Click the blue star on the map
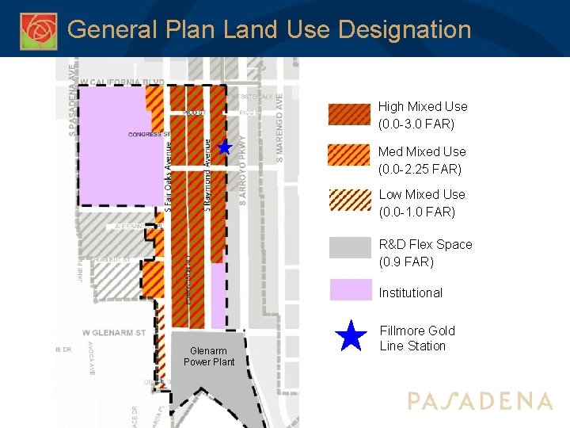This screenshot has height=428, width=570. (x=225, y=147)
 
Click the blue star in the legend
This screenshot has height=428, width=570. (x=350, y=337)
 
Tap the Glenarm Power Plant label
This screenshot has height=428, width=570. (x=209, y=357)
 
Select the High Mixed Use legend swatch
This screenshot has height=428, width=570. (x=350, y=116)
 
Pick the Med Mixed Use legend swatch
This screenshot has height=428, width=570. (x=350, y=159)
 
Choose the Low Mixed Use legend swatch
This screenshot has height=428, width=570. (x=350, y=203)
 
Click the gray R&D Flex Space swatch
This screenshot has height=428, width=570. (x=350, y=248)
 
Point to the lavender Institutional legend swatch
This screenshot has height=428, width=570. (x=350, y=290)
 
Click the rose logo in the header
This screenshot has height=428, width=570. (x=38, y=31)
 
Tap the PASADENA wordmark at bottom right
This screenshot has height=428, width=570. (x=480, y=401)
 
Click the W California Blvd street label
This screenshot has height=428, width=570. (x=122, y=82)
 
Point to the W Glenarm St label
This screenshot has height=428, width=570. (x=114, y=332)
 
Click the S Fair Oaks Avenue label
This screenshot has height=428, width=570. (x=169, y=175)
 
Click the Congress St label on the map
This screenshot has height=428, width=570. (x=150, y=134)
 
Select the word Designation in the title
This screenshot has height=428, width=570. (x=405, y=30)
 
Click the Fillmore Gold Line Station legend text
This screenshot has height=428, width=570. (x=416, y=338)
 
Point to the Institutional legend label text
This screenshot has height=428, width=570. (x=410, y=292)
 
